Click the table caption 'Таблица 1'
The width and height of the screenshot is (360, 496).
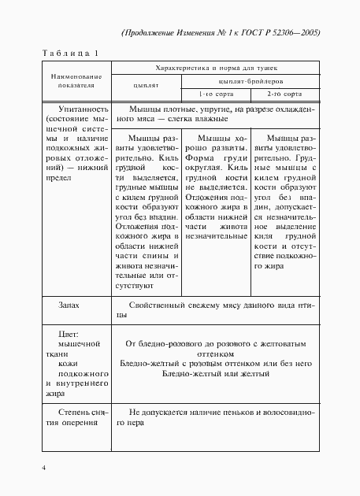click(69, 54)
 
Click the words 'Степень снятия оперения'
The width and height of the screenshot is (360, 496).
click(74, 417)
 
